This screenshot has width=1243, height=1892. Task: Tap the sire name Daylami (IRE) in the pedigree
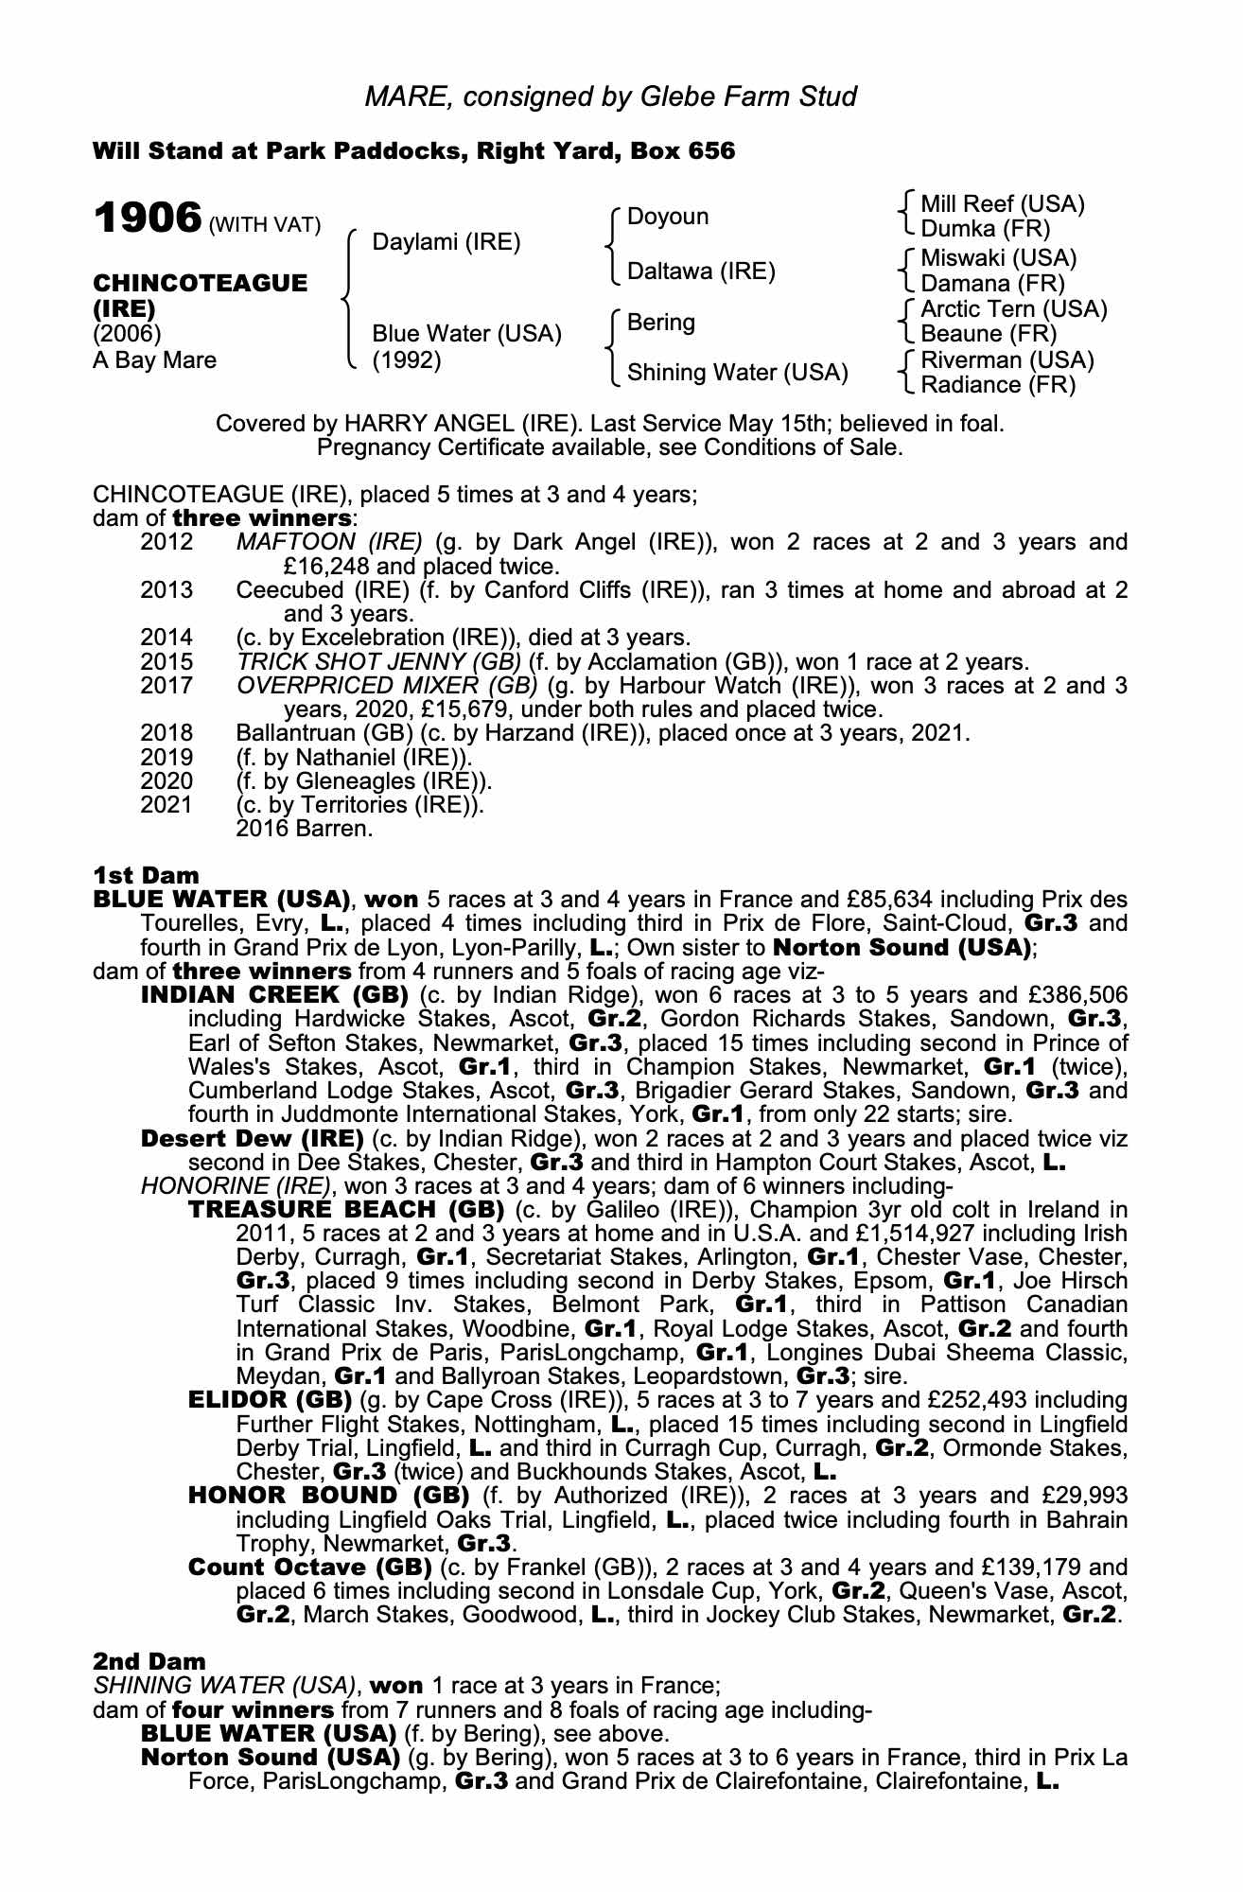446,242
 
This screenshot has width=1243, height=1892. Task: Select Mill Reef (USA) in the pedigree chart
1002,204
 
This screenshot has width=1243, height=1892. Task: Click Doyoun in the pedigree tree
668,217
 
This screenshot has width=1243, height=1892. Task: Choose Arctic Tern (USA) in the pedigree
1013,309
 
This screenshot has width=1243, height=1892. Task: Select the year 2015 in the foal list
166,662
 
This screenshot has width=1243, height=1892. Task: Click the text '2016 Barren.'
304,830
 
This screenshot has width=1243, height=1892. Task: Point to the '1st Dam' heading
146,875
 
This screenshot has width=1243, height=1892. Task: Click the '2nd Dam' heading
149,1661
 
